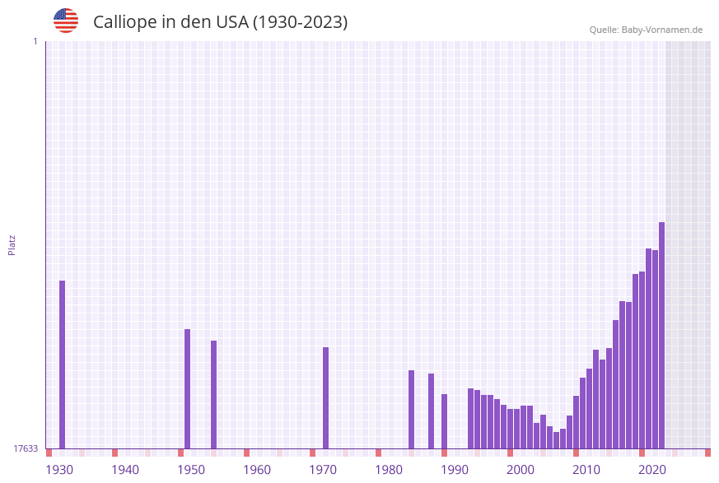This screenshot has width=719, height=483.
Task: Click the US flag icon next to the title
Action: click(x=66, y=21)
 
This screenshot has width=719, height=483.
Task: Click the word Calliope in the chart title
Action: click(x=123, y=22)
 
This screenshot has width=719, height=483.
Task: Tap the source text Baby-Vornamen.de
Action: click(x=661, y=30)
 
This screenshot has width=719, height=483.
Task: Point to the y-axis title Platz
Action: click(x=12, y=244)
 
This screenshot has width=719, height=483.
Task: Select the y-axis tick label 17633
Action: click(x=26, y=448)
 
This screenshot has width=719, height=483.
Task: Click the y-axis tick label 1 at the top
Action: click(x=35, y=41)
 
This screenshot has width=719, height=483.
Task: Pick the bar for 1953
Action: click(x=213, y=394)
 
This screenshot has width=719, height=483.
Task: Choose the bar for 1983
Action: click(x=411, y=409)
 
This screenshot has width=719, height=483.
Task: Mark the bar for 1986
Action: click(x=431, y=411)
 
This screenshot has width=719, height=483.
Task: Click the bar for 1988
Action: click(x=444, y=421)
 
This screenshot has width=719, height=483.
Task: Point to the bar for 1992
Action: click(x=470, y=418)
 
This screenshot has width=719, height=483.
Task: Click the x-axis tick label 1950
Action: click(x=191, y=470)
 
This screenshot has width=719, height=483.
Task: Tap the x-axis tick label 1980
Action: click(x=389, y=470)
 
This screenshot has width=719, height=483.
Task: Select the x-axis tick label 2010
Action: click(x=586, y=470)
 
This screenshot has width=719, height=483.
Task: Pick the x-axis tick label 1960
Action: click(x=257, y=470)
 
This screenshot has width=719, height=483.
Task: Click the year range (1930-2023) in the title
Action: click(x=300, y=22)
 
